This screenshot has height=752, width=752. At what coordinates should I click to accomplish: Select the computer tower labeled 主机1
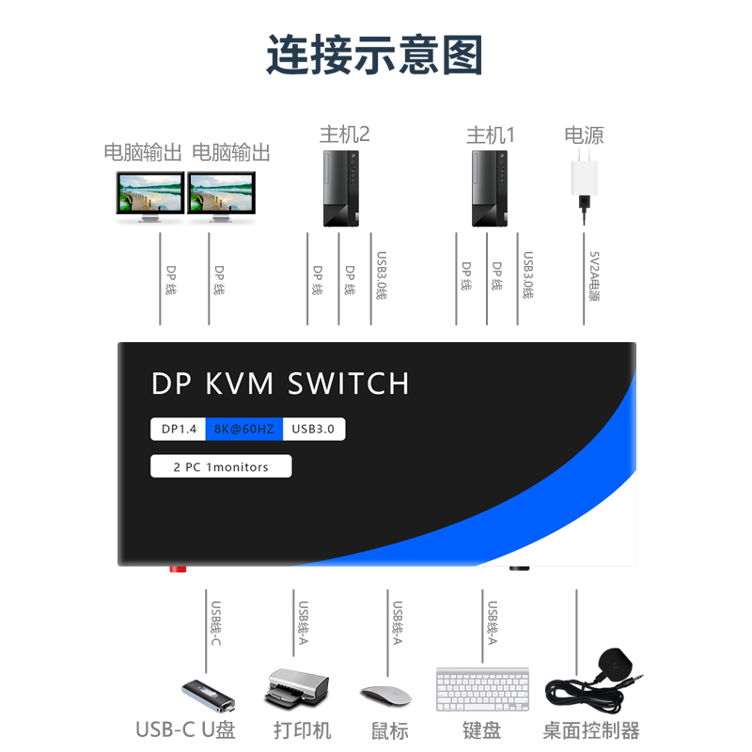[490, 189]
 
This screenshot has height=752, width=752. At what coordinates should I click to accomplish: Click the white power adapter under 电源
[584, 179]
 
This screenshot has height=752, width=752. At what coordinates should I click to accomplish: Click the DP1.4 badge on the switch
[179, 430]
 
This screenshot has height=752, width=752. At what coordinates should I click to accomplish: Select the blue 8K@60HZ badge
[243, 430]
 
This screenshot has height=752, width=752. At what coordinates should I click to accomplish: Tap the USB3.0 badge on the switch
[314, 430]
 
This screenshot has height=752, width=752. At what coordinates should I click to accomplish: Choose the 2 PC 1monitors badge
[221, 466]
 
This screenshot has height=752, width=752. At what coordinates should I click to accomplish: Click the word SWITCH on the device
[349, 384]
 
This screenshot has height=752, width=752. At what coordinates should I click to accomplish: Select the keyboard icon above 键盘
[482, 689]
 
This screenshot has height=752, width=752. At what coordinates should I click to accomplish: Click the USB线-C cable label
[215, 623]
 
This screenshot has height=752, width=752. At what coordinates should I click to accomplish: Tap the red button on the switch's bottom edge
[177, 569]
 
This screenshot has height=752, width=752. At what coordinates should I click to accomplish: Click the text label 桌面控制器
[591, 730]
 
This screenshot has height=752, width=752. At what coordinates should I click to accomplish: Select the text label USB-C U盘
[185, 730]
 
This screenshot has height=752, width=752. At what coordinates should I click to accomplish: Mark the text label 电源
[584, 134]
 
